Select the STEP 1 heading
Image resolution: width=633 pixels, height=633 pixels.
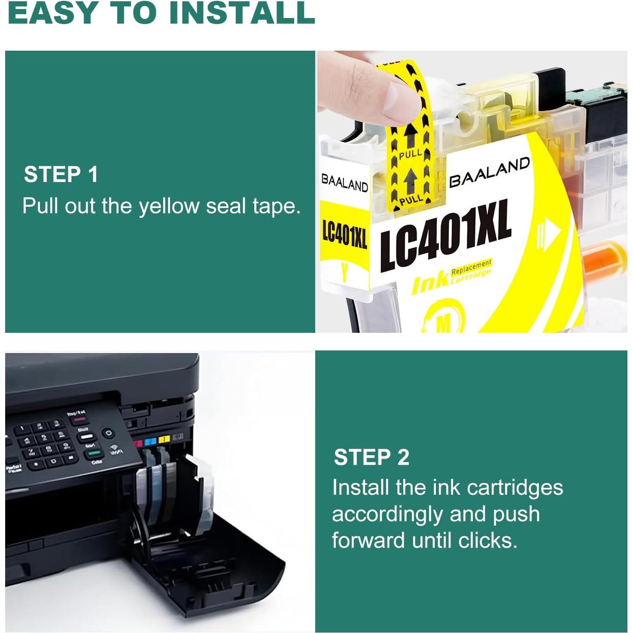(x=61, y=175)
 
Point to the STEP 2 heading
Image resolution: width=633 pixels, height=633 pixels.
(x=371, y=457)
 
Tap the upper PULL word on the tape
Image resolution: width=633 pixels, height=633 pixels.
(x=410, y=155)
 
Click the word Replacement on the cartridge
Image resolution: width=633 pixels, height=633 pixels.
(x=471, y=267)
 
